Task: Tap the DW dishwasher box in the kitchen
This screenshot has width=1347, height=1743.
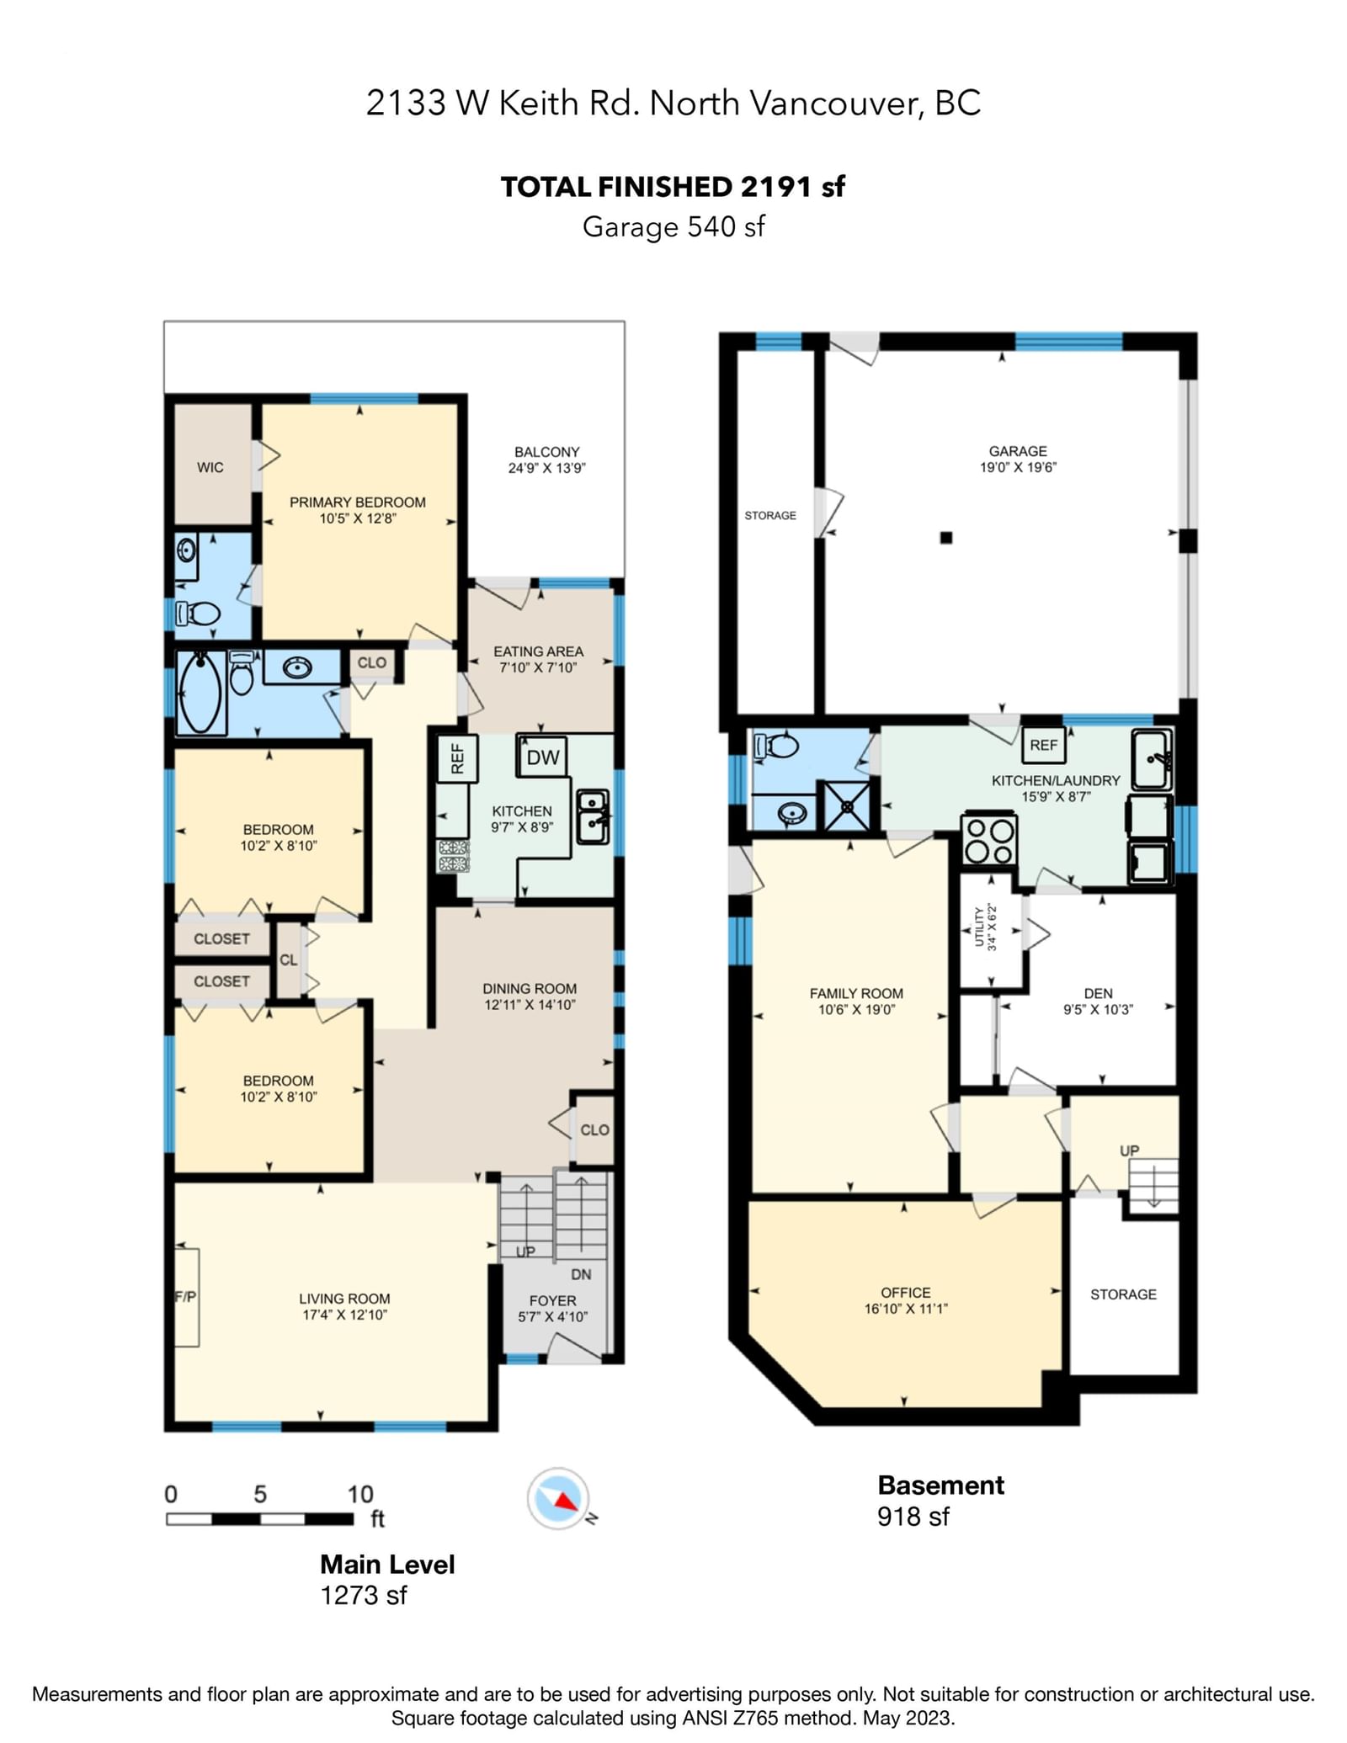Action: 542,757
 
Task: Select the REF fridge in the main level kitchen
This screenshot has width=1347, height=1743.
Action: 457,758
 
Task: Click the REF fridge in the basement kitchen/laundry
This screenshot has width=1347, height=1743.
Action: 1043,745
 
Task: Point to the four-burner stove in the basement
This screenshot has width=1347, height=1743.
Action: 989,840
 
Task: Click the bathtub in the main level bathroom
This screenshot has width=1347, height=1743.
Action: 201,693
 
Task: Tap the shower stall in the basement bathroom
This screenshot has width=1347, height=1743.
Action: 847,806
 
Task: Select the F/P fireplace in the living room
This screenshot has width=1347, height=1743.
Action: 186,1297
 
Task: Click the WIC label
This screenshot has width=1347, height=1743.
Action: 210,467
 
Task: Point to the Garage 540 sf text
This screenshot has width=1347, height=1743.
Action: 673,226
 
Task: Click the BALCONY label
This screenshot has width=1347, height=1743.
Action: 547,452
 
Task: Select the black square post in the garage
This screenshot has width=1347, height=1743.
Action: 946,538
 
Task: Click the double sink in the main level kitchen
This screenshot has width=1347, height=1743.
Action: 592,816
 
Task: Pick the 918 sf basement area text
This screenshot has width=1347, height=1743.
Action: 913,1516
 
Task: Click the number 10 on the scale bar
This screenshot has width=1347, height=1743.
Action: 360,1494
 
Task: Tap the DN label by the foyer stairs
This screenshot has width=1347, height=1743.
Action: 581,1274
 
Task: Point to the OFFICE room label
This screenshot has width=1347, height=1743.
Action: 906,1292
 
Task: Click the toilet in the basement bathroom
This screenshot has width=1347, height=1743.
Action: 777,746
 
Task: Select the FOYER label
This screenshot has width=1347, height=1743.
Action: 553,1300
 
